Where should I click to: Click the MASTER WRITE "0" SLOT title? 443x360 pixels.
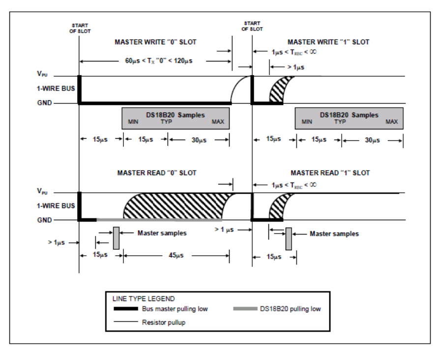[x=155, y=42]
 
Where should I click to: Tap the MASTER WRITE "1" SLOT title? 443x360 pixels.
[x=328, y=42]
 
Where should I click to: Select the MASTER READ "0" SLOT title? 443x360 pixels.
[x=157, y=173]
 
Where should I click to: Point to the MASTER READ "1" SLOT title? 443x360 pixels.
[x=330, y=173]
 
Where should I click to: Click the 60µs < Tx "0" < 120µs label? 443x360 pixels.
[x=159, y=61]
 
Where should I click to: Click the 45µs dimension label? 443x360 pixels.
[x=176, y=255]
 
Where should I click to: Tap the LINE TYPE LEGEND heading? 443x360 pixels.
[x=144, y=299]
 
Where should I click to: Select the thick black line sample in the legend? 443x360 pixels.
[x=126, y=308]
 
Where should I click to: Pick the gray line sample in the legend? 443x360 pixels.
[x=245, y=308]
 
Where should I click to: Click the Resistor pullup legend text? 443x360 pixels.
[x=164, y=322]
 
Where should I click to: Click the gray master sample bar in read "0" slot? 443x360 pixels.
[x=116, y=238]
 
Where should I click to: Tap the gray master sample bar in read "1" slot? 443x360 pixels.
[x=289, y=239]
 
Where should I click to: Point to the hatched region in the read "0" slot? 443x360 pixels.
[x=175, y=206]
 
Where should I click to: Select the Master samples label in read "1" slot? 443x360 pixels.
[x=334, y=234]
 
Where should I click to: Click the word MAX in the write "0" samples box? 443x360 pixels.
[x=218, y=122]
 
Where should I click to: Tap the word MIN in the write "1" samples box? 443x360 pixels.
[x=306, y=122]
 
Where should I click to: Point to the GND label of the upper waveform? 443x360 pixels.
[x=44, y=103]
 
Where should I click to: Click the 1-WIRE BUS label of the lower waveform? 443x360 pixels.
[x=56, y=206]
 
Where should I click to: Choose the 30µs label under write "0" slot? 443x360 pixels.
[x=199, y=140]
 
